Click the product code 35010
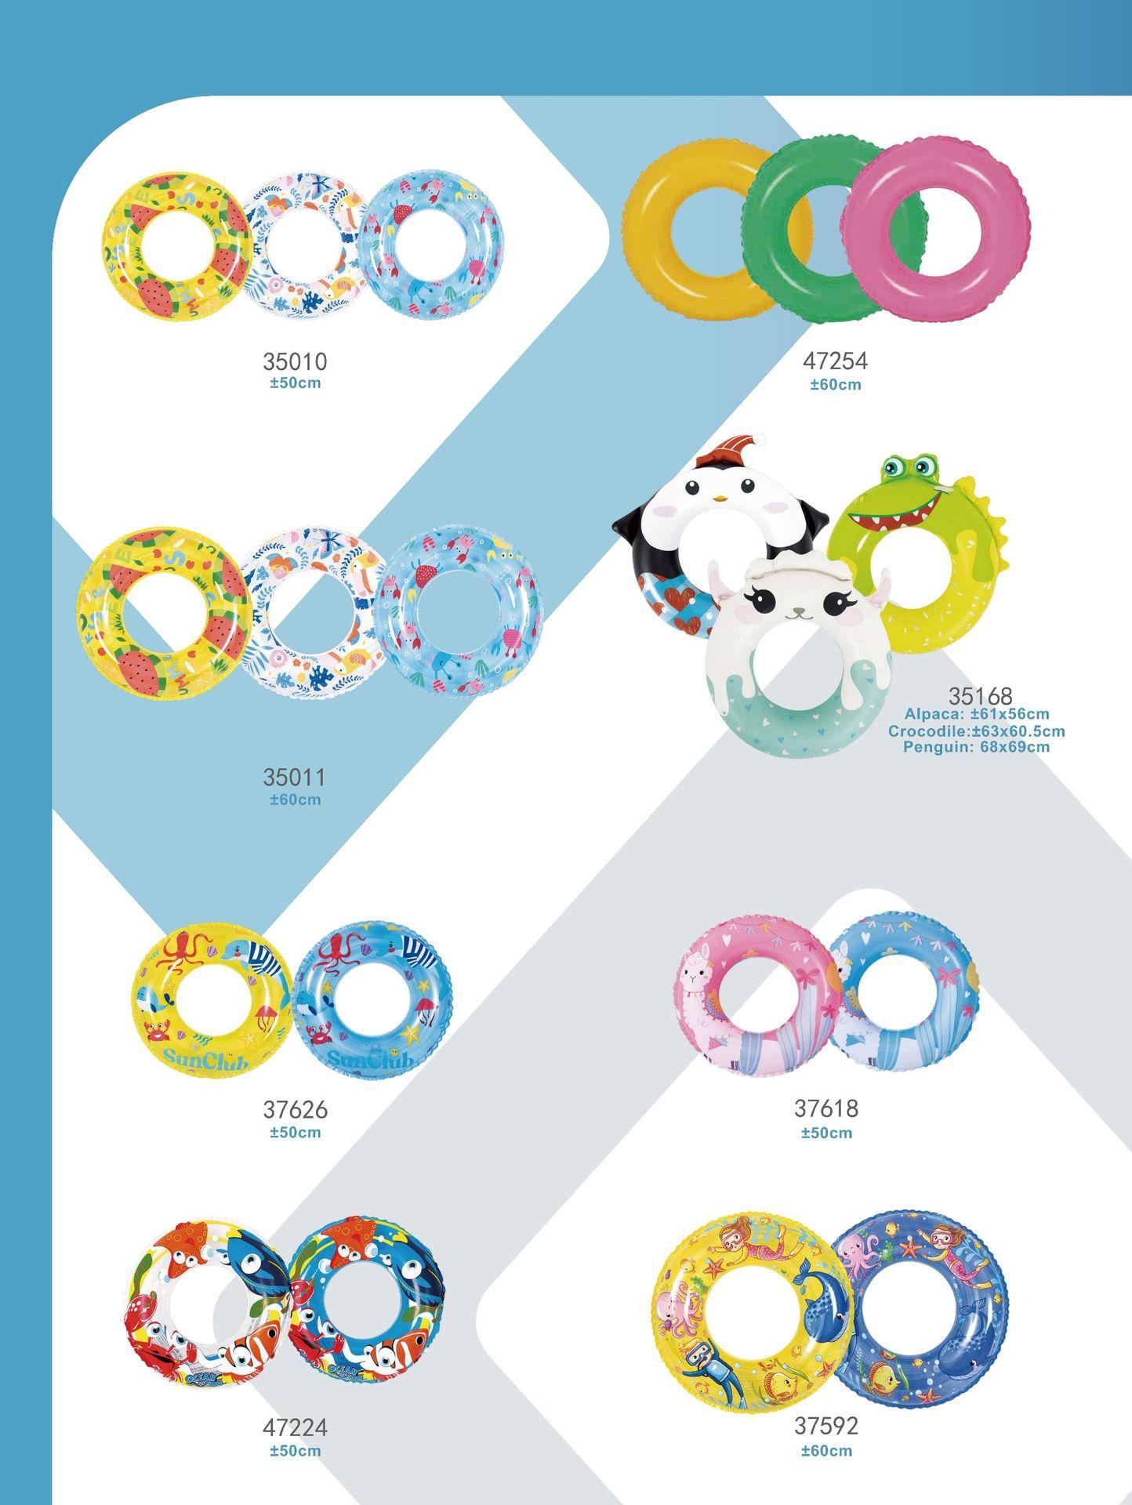(295, 361)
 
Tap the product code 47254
(836, 361)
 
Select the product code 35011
(295, 778)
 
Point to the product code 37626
(295, 1110)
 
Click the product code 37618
(826, 1108)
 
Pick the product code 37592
(826, 1425)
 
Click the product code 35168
(980, 696)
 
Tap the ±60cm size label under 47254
(836, 384)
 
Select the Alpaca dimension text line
(976, 714)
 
